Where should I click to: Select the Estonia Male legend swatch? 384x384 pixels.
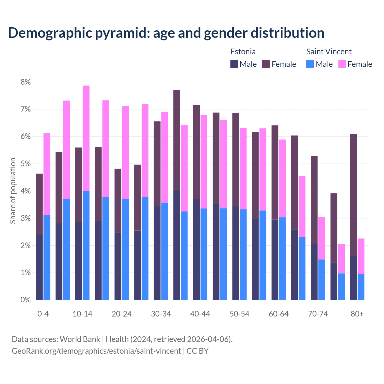[234, 64]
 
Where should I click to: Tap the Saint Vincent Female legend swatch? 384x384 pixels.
[342, 64]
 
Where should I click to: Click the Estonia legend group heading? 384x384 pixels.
[243, 52]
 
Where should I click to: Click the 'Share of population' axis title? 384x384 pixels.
[13, 191]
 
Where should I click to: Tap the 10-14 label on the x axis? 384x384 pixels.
[82, 314]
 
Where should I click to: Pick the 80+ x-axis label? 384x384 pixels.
[357, 314]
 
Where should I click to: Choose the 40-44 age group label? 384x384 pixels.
[200, 314]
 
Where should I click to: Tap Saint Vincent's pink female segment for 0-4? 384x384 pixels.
[47, 174]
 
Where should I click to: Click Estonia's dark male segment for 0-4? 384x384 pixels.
[39, 267]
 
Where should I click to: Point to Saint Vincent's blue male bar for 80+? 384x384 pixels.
[361, 287]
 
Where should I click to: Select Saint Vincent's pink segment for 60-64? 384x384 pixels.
[282, 178]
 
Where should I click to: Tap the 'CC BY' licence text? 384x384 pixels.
[197, 351]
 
